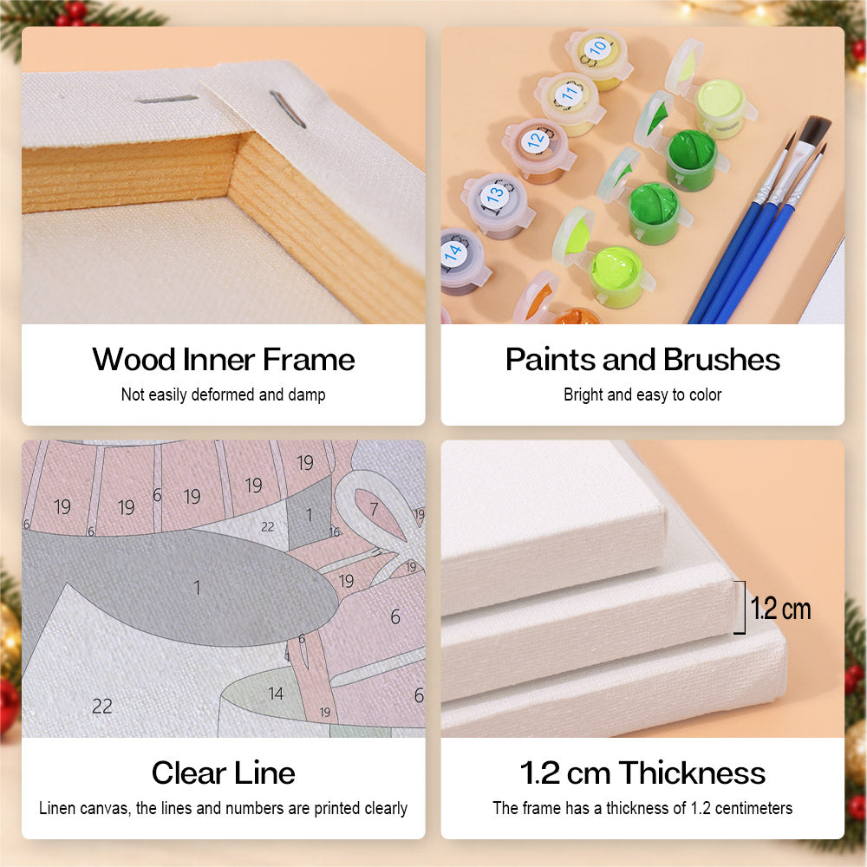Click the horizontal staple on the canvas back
click(x=166, y=100)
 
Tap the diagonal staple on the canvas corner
click(x=288, y=109)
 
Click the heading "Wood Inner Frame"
click(x=224, y=360)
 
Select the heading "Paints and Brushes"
click(x=642, y=360)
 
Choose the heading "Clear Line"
click(x=224, y=772)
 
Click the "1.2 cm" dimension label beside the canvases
click(x=780, y=609)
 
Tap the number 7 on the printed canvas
click(x=375, y=508)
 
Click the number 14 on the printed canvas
click(x=276, y=694)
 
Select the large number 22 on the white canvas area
click(x=102, y=706)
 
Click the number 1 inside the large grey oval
click(x=197, y=587)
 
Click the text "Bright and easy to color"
click(x=642, y=394)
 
